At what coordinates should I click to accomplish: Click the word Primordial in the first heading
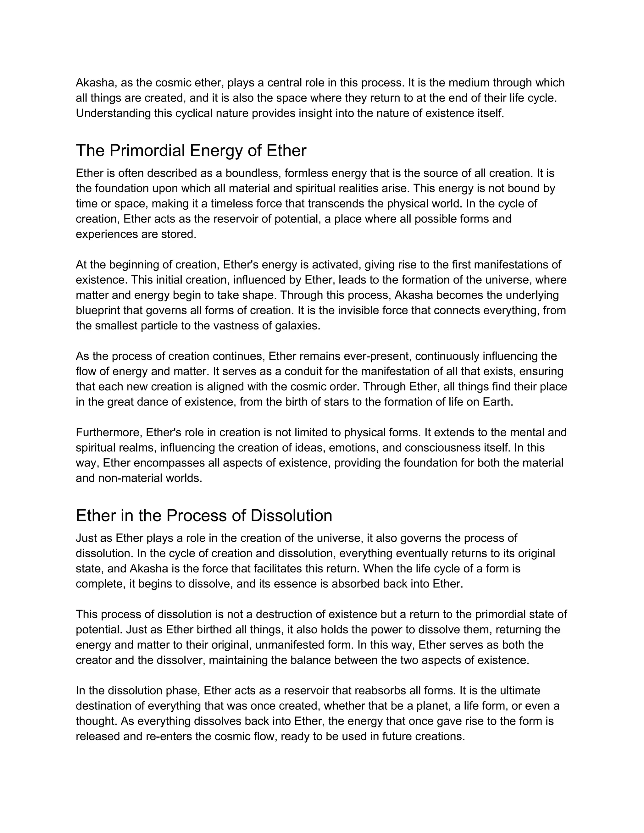pyautogui.click(x=147, y=151)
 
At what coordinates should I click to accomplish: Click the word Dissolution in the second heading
pyautogui.click(x=291, y=516)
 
